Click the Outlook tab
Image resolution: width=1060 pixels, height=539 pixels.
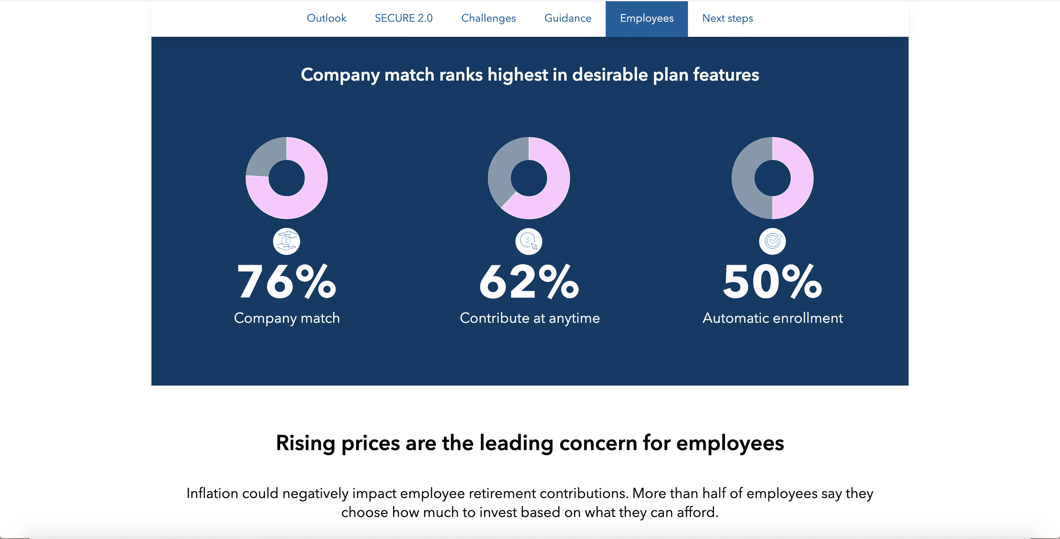(x=326, y=18)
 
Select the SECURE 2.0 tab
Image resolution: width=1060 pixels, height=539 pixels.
(x=404, y=18)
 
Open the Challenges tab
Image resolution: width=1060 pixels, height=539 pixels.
(x=488, y=18)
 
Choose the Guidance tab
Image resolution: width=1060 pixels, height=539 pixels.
(x=568, y=18)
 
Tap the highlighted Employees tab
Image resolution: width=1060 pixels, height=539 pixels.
(x=647, y=19)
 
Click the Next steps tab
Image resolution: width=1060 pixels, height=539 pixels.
(x=728, y=18)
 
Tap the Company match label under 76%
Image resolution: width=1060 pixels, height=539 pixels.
(x=287, y=318)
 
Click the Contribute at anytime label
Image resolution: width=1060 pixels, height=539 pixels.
(x=530, y=318)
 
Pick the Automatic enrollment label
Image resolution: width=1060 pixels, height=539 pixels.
(x=773, y=318)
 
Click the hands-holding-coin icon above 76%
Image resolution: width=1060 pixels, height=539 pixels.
(x=287, y=241)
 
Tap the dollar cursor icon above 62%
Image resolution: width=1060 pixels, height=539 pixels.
(x=529, y=241)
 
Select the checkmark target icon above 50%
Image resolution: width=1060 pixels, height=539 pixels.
(x=773, y=241)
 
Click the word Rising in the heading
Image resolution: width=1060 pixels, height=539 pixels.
(x=305, y=443)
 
